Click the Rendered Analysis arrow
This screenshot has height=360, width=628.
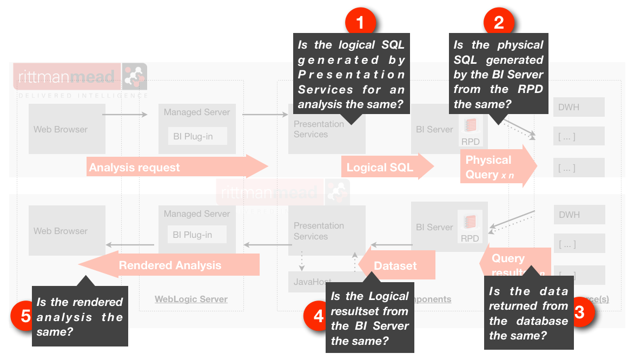[x=170, y=265]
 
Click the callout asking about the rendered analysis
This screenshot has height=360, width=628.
[x=80, y=316]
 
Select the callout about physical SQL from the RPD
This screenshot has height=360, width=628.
[x=498, y=75]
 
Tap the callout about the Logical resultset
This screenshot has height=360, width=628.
[x=369, y=318]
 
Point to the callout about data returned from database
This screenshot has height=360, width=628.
[x=528, y=313]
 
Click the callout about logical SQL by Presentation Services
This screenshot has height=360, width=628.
[x=351, y=74]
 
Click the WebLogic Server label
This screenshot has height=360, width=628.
[x=191, y=299]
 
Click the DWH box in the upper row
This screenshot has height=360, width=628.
[x=578, y=107]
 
